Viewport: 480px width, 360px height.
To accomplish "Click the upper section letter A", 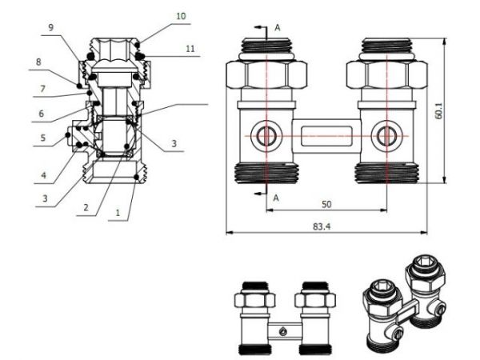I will pyautogui.click(x=277, y=26).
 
